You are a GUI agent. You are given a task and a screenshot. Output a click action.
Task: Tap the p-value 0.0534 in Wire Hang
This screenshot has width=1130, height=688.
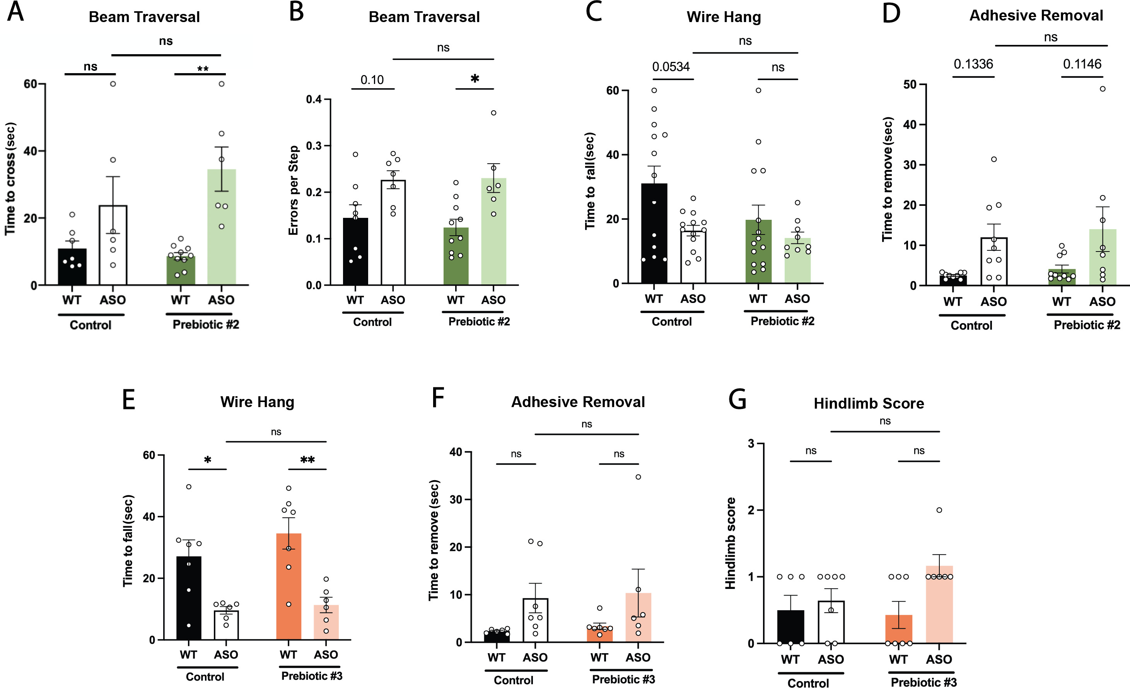671,67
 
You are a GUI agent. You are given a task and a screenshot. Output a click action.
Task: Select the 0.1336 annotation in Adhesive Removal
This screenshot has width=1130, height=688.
973,64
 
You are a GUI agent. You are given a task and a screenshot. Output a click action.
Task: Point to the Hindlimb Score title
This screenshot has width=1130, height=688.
869,404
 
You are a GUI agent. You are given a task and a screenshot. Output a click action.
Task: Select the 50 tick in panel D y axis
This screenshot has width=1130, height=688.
910,85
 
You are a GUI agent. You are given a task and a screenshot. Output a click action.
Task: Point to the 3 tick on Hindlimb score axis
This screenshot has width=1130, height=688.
751,444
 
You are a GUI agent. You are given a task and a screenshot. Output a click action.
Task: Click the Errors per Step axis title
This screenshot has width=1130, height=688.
294,190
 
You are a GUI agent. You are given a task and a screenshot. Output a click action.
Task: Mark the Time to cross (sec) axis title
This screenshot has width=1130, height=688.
10,179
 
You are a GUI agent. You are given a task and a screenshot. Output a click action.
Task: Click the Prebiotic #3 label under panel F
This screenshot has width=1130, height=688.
623,679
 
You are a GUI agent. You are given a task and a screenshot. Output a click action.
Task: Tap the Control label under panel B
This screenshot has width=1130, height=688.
372,322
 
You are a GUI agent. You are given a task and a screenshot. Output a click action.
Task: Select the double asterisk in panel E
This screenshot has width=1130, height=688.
307,460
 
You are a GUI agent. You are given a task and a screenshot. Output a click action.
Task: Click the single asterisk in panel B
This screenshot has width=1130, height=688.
475,79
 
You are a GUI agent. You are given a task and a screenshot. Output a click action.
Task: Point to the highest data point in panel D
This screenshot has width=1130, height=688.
1103,89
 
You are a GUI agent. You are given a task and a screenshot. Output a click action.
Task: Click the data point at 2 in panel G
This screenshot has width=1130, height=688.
939,510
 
